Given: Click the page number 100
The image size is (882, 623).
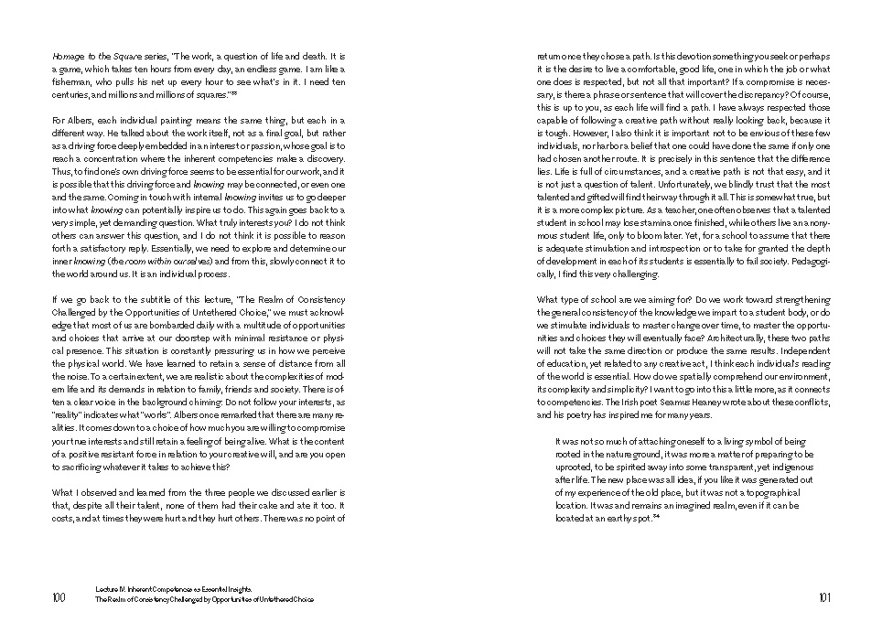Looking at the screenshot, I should (59, 597).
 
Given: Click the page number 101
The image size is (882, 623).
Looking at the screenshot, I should (823, 597).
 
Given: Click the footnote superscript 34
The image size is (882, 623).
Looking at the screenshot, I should (657, 516).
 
